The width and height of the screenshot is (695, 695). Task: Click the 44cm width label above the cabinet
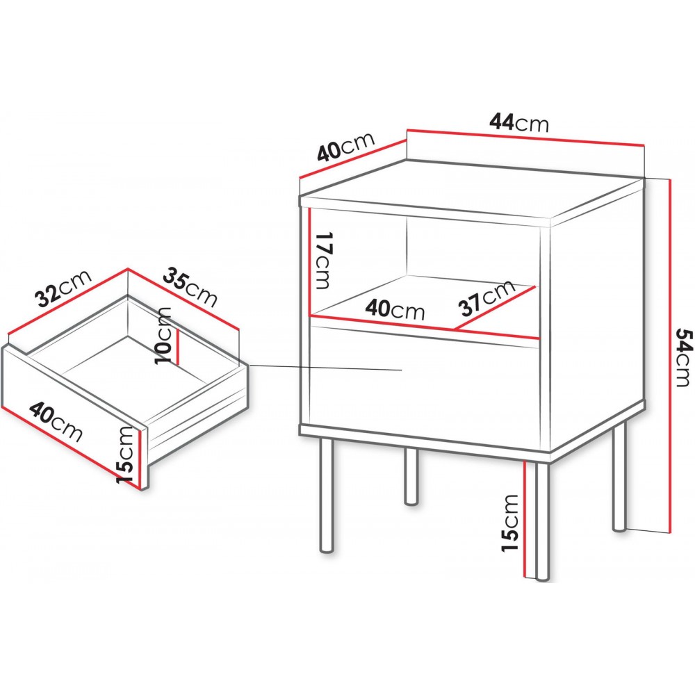click(519, 122)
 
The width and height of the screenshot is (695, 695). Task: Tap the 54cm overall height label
click(683, 357)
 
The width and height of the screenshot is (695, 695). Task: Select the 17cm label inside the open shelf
click(322, 260)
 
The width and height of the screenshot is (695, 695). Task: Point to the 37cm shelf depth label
click(487, 298)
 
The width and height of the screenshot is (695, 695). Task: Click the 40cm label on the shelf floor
click(395, 309)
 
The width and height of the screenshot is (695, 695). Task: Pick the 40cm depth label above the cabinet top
click(346, 146)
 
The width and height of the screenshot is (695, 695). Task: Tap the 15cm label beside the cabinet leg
click(510, 523)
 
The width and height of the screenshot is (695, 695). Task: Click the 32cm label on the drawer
click(64, 288)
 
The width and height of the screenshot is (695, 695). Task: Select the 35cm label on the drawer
click(190, 288)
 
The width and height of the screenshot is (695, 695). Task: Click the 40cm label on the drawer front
click(56, 422)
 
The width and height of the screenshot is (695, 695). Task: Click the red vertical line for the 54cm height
click(670, 354)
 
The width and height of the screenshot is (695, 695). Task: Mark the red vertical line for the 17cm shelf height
click(310, 261)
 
